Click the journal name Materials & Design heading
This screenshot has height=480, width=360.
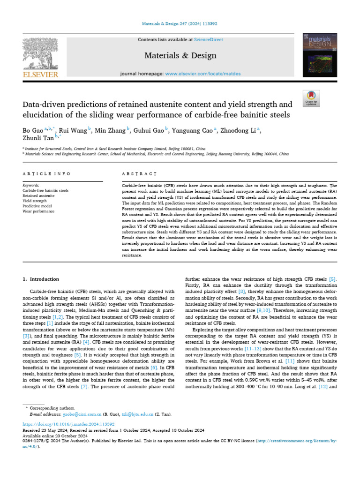180,56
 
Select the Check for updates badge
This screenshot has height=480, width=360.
311,98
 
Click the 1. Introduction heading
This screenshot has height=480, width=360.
41,279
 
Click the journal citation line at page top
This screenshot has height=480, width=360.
180,23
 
